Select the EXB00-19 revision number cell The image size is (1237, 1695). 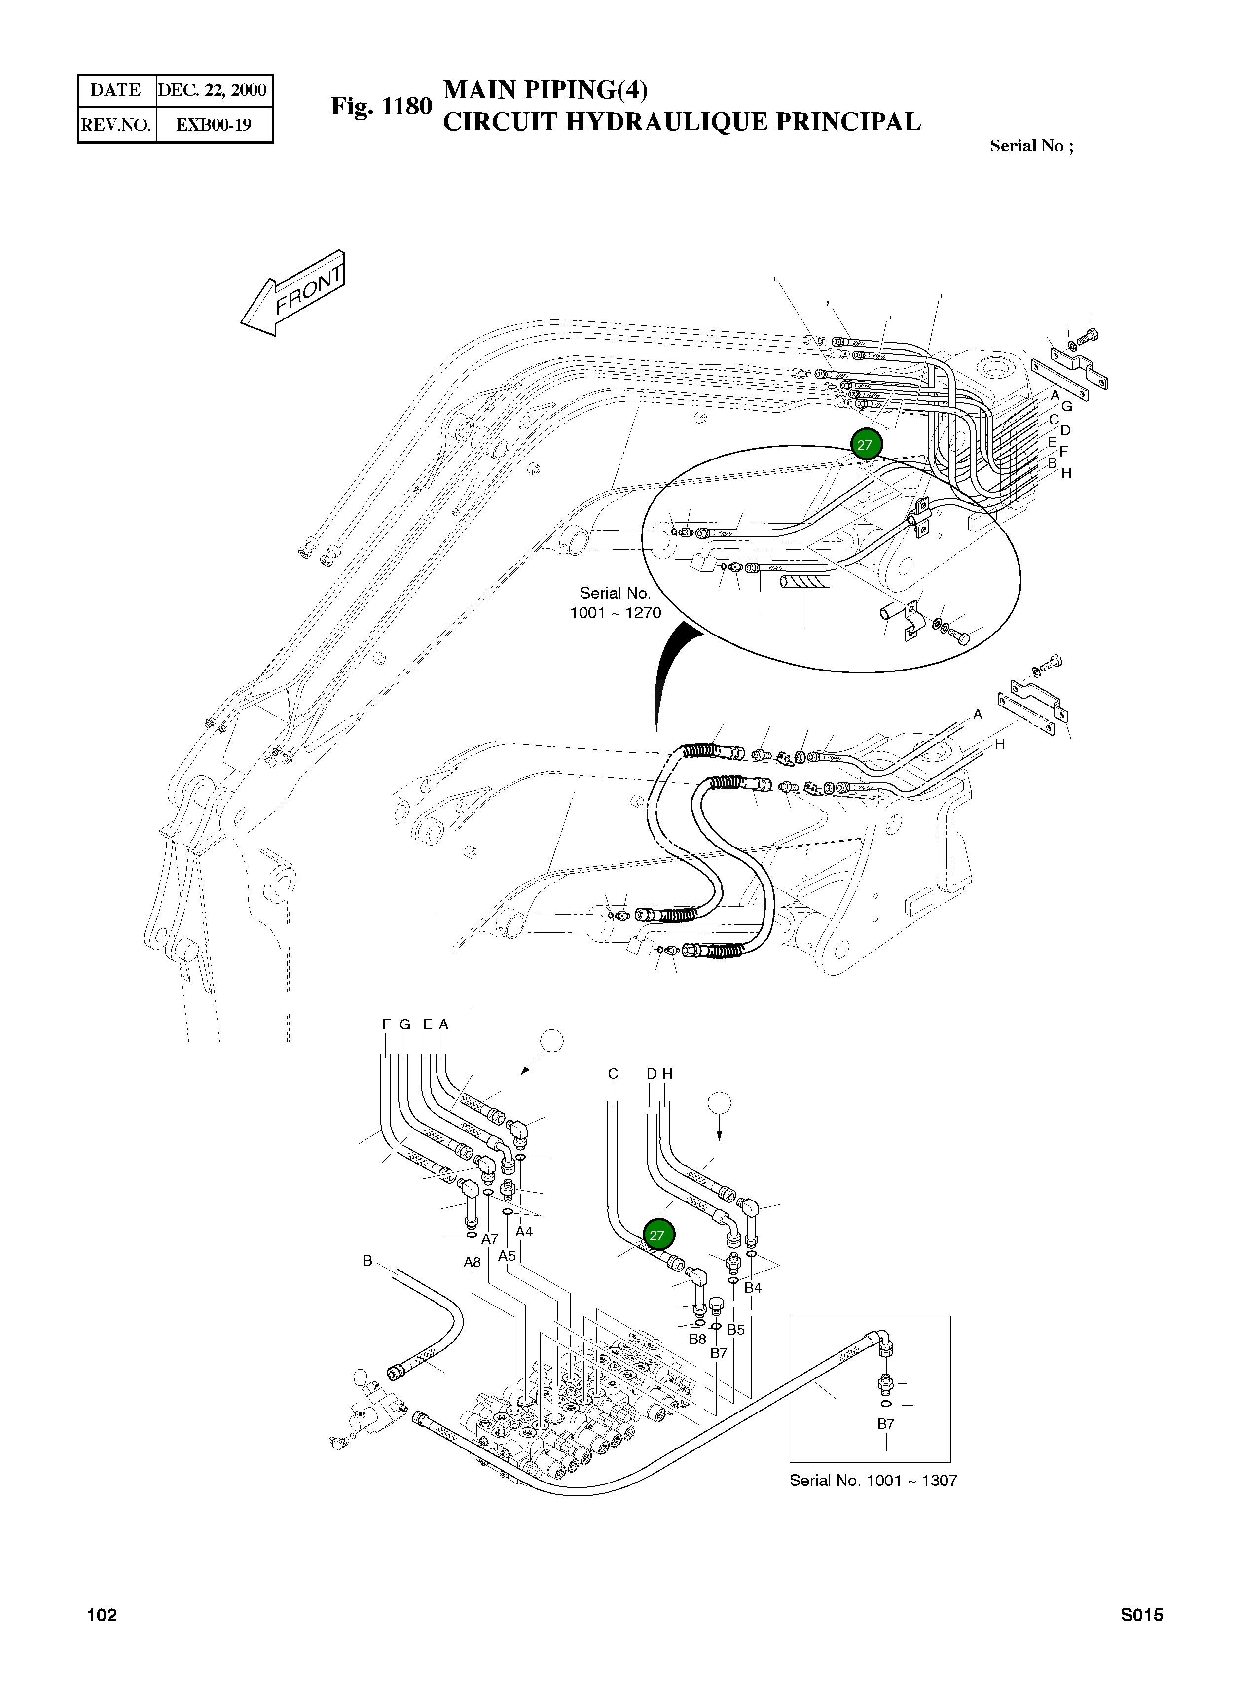pyautogui.click(x=214, y=125)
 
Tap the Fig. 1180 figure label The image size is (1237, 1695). pyautogui.click(x=381, y=106)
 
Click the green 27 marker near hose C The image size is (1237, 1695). pyautogui.click(x=656, y=1236)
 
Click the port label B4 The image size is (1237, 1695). pyautogui.click(x=753, y=1288)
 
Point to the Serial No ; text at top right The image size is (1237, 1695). pyautogui.click(x=1031, y=146)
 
